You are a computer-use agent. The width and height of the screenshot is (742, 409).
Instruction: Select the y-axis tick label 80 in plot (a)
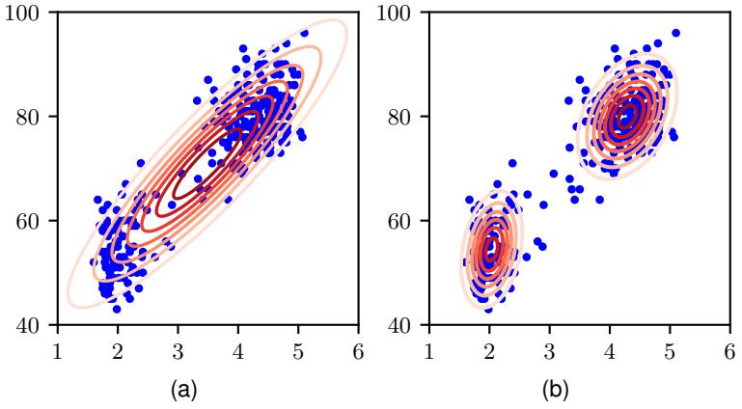click(x=36, y=117)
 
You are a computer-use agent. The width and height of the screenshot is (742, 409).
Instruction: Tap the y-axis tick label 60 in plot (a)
click(x=36, y=221)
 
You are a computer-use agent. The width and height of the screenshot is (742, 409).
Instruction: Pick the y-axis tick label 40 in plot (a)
click(x=36, y=325)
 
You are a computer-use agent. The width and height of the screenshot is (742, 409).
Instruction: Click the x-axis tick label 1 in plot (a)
click(x=58, y=345)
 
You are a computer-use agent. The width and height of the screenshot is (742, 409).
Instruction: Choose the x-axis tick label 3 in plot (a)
click(x=178, y=345)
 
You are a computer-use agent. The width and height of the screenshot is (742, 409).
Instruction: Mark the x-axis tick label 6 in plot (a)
click(x=358, y=345)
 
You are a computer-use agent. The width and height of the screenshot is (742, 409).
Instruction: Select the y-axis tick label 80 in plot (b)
click(x=407, y=117)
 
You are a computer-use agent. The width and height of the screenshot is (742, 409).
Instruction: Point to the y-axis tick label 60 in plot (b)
click(x=407, y=221)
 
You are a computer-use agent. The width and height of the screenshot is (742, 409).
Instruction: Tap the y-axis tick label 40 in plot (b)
click(x=407, y=325)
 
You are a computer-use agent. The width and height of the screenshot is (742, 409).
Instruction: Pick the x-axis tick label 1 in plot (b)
click(x=429, y=345)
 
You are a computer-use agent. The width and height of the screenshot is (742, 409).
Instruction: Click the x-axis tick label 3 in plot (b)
click(x=549, y=345)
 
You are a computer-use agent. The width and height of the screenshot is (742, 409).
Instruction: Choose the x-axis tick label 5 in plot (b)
click(x=670, y=345)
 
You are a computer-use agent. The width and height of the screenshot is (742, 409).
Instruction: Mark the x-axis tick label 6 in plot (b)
click(x=729, y=345)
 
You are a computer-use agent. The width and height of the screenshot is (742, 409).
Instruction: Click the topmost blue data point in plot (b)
click(x=675, y=33)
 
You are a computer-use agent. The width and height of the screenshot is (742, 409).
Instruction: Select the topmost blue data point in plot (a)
click(x=304, y=33)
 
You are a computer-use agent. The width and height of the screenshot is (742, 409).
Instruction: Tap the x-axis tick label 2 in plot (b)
click(x=489, y=345)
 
